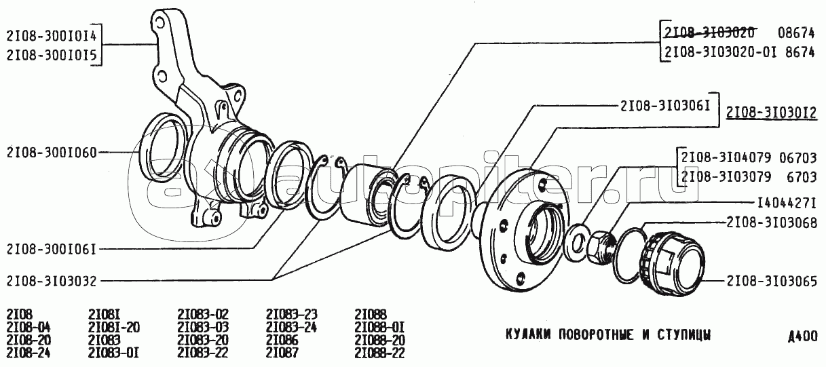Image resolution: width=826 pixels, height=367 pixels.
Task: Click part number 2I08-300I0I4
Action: (52, 36)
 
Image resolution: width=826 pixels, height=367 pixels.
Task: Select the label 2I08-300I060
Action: (52, 153)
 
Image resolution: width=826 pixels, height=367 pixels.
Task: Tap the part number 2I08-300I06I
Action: (52, 250)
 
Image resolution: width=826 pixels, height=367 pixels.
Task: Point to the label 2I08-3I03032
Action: (52, 281)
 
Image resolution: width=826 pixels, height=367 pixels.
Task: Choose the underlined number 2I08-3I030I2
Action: (772, 113)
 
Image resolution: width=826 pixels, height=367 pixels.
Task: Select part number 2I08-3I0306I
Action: (666, 106)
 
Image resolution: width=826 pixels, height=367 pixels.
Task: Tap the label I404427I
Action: (787, 203)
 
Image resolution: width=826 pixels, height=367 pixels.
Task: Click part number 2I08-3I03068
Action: (772, 223)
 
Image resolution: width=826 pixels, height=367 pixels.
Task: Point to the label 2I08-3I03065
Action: (772, 282)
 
